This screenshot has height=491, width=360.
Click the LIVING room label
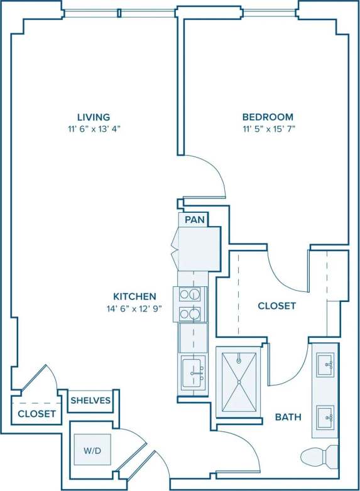(x=94, y=117)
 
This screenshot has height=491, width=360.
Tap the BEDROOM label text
(x=268, y=117)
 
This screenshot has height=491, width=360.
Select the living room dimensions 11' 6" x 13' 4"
(x=94, y=129)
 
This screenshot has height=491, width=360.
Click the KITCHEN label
(x=134, y=296)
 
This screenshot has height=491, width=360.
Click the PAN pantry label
(x=192, y=220)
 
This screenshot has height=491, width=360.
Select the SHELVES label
(x=90, y=400)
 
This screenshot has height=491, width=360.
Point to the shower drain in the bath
(x=239, y=382)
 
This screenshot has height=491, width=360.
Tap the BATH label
(x=288, y=417)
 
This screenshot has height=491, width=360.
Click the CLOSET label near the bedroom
(x=276, y=306)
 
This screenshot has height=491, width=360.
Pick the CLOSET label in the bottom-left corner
(x=36, y=414)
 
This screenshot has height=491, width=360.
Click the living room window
(x=119, y=10)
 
